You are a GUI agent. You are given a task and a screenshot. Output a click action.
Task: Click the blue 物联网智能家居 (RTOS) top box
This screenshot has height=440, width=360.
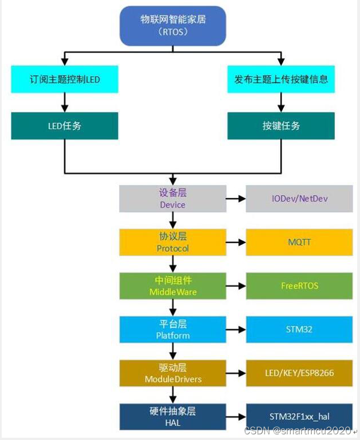[173, 26]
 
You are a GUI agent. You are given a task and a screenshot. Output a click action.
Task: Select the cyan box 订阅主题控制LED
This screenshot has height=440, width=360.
[64, 79]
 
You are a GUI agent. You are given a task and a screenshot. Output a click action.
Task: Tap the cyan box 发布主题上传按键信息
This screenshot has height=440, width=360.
[281, 79]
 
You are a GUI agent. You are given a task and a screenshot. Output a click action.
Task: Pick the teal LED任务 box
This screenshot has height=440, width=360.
[64, 126]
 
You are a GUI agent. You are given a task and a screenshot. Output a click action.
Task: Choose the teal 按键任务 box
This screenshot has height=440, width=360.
[281, 126]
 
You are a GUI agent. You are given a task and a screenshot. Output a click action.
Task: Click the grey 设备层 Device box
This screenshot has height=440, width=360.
[173, 199]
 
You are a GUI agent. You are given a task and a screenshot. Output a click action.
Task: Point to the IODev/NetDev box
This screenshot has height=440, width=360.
[299, 199]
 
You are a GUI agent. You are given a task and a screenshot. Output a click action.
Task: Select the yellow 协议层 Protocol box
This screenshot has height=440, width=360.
[173, 242]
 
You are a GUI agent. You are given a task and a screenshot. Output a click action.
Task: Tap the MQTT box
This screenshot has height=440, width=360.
[299, 242]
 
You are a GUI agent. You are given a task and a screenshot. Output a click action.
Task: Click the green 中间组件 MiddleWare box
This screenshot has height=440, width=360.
[173, 286]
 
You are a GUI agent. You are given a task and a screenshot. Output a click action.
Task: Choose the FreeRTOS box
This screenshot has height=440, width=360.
[299, 286]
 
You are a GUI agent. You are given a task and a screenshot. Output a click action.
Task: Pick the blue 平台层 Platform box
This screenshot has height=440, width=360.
[173, 330]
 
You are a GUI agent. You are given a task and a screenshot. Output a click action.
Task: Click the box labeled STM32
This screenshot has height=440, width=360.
[299, 330]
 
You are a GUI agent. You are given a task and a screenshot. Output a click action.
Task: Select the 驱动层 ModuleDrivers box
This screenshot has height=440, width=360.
[173, 373]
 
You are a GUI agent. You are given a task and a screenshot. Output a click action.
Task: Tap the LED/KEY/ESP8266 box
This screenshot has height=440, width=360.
[299, 373]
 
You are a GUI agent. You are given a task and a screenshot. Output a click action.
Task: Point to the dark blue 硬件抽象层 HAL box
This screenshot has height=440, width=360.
[173, 417]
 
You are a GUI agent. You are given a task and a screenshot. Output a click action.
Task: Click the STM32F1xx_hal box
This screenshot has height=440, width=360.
[299, 417]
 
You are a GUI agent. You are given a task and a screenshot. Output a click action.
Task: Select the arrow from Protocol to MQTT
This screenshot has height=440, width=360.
[236, 242]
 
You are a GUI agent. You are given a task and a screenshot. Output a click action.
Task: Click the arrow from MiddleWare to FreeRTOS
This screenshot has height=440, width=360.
[236, 286]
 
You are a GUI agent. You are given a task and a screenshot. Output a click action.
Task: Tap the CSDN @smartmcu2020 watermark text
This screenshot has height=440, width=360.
[298, 431]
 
